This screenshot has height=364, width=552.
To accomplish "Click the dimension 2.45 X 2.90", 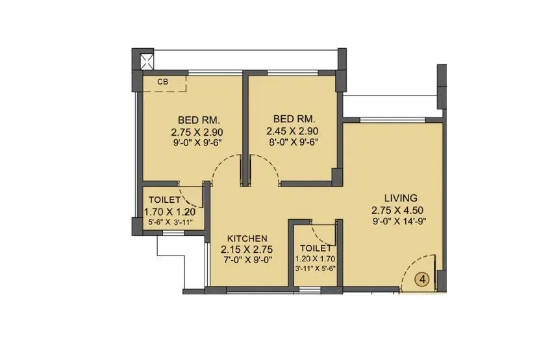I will (x=294, y=131).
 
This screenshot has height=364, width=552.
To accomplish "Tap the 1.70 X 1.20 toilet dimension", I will (x=169, y=212).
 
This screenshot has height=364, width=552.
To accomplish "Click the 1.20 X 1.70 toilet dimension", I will (x=316, y=259).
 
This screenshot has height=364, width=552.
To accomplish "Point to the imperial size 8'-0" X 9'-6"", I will (x=294, y=142).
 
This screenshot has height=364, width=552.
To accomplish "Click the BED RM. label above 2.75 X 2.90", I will (x=199, y=120).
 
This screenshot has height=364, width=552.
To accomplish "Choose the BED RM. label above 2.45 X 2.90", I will (x=294, y=120).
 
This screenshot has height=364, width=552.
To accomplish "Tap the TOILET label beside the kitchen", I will (x=316, y=248).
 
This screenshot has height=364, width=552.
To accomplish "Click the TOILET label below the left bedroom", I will (x=164, y=200).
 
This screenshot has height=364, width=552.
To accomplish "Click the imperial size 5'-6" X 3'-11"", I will (x=169, y=222).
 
